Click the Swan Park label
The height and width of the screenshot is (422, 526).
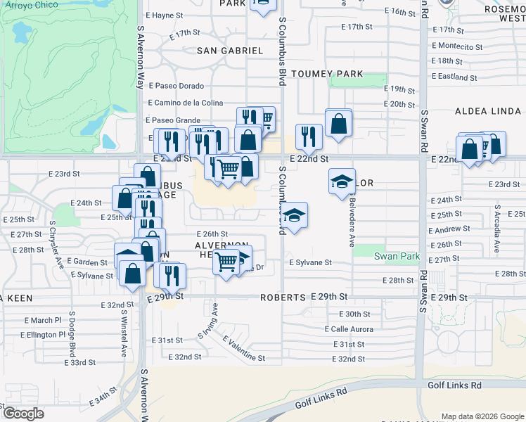point(396,257)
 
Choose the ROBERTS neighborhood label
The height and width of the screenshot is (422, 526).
point(283,298)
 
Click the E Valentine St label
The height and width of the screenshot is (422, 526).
point(245,349)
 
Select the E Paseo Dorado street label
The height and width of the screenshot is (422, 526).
point(176,86)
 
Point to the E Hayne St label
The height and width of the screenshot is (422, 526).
point(164,15)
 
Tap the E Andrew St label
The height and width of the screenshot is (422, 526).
point(449,229)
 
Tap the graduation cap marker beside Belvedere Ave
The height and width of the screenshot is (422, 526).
point(342,181)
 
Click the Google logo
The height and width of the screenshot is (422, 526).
point(23,414)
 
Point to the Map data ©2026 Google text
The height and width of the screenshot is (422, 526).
point(481,416)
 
